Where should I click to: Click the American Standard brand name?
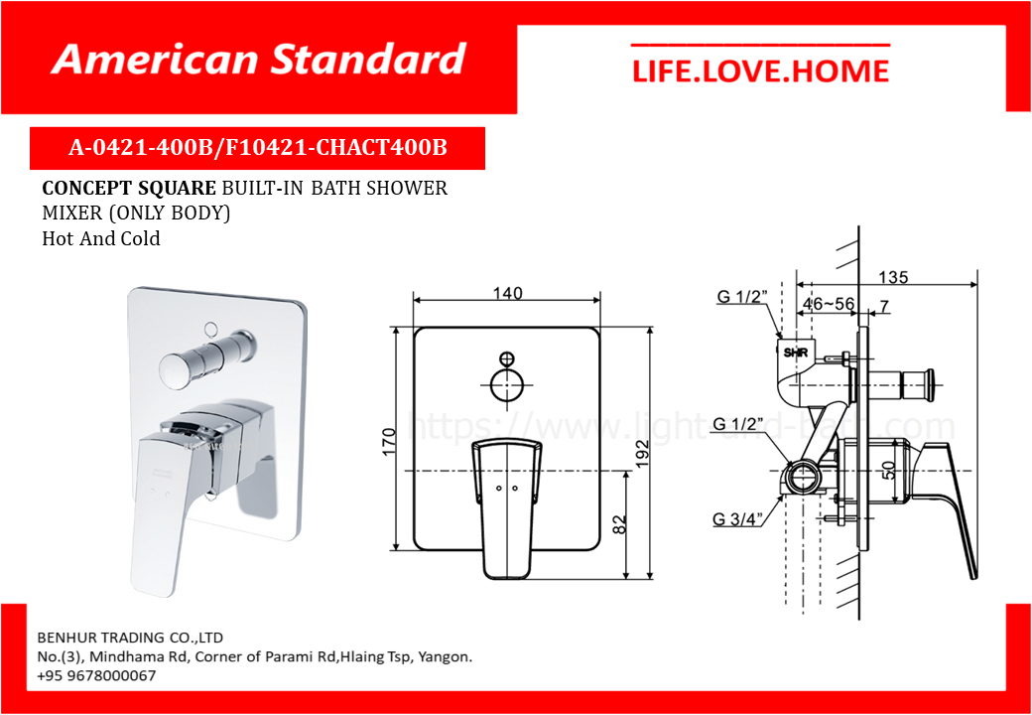click(259, 60)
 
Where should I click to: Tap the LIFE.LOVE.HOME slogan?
click(760, 71)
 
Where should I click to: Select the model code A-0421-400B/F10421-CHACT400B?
click(258, 148)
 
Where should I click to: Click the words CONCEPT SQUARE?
click(128, 189)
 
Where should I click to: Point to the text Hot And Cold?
click(100, 238)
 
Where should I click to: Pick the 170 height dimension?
click(388, 441)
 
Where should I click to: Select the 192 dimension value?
click(642, 452)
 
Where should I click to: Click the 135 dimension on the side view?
click(893, 277)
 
